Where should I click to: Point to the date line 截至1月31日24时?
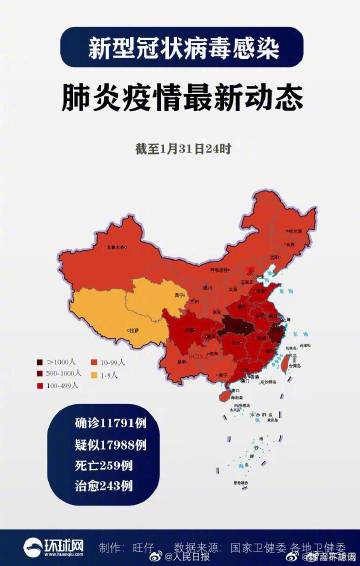point(183,148)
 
